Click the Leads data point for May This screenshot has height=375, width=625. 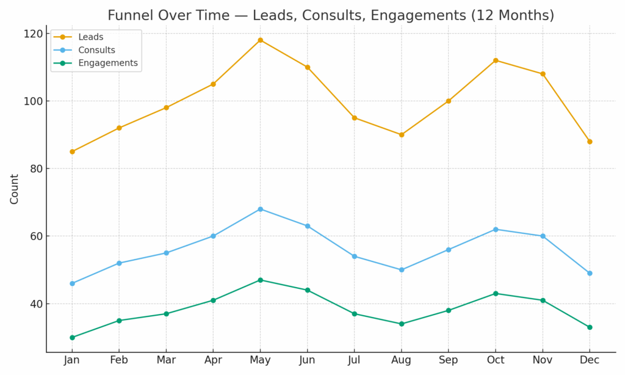point(260,40)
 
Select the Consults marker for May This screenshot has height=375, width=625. point(260,209)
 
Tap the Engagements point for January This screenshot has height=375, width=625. point(72,337)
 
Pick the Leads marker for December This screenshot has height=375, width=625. point(590,142)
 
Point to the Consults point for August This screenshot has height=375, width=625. point(401,269)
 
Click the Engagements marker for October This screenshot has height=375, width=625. point(496,294)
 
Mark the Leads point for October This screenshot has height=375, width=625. point(496,60)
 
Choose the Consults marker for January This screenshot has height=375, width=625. point(72,283)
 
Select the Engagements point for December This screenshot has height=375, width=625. point(590,327)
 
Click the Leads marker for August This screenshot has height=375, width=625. point(401,135)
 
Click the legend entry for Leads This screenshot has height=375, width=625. point(90,37)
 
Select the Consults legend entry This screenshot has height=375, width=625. point(96,50)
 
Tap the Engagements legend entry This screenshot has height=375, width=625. point(107,63)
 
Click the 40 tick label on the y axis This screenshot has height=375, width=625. point(36,304)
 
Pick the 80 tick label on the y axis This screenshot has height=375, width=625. point(36,169)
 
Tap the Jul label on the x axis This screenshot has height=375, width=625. point(354,360)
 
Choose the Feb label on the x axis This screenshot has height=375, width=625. point(119,360)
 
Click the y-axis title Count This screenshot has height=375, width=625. point(15,189)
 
